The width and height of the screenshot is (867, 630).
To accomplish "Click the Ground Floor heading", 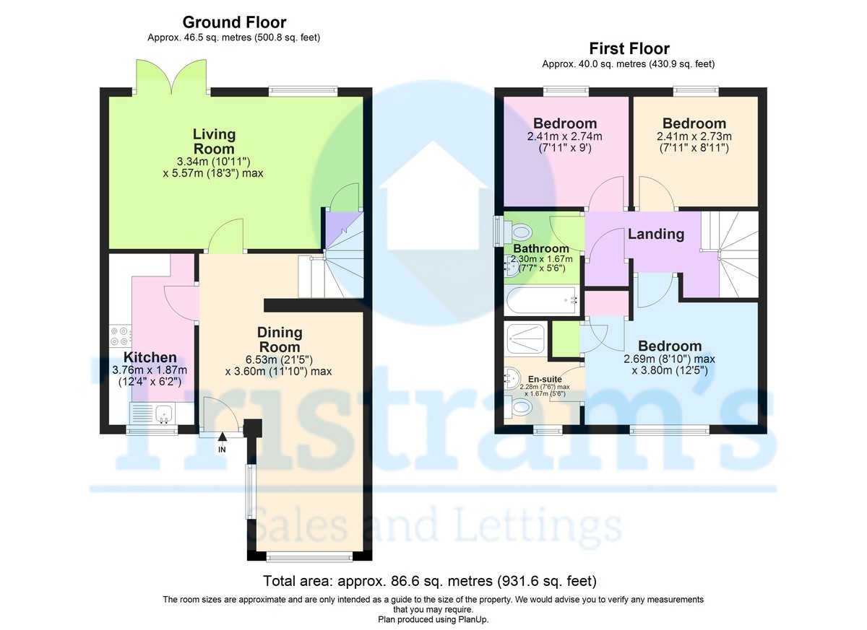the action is click(x=234, y=22).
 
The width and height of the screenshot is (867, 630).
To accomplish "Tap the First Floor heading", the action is click(x=629, y=48).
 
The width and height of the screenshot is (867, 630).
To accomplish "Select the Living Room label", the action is click(x=214, y=141).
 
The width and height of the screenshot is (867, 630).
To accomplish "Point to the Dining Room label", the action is click(x=279, y=339).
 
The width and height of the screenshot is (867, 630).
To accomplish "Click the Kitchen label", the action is click(x=150, y=356).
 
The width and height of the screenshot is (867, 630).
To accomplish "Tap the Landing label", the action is click(x=656, y=235).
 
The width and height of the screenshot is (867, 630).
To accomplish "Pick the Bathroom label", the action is click(x=540, y=248).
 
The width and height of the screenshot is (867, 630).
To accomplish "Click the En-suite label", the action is click(x=545, y=379).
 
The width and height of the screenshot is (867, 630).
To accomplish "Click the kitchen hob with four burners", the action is click(x=121, y=336).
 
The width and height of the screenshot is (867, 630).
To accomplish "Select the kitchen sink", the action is click(x=164, y=414).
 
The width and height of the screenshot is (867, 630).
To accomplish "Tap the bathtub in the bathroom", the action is click(x=542, y=300).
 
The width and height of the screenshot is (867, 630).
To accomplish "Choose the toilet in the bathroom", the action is click(x=516, y=232).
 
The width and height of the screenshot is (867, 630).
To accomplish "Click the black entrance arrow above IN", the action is click(x=223, y=437).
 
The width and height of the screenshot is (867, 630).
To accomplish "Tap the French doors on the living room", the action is click(x=171, y=76).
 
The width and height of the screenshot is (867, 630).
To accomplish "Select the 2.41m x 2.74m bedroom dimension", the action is click(x=564, y=136).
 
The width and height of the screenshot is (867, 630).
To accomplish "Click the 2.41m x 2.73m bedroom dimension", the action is click(x=694, y=136).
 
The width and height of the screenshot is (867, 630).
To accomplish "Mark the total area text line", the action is click(x=430, y=580).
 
